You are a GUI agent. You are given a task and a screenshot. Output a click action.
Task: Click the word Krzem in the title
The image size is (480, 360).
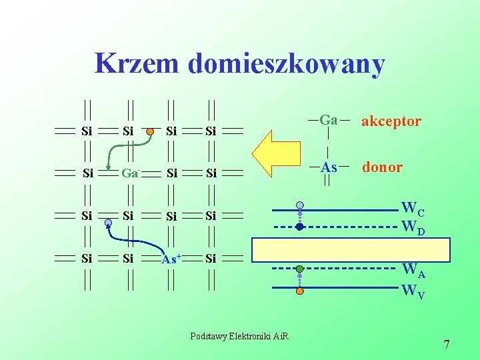(x=137, y=64)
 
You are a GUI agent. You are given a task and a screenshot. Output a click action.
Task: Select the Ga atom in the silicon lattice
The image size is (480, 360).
(x=129, y=173)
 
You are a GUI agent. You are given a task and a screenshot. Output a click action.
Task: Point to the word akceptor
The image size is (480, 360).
(x=391, y=121)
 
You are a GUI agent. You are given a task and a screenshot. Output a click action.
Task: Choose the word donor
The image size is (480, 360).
(x=382, y=167)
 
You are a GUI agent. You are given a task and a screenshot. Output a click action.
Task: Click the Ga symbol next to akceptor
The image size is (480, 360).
(x=329, y=121)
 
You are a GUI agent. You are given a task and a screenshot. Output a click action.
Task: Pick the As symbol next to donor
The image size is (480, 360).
(x=329, y=167)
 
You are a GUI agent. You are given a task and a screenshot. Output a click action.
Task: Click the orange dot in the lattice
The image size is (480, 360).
(x=151, y=131)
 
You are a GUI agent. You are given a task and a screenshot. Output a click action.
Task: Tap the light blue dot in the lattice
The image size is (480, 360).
(x=108, y=223)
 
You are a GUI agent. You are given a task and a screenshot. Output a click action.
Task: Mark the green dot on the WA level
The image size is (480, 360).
(x=300, y=269)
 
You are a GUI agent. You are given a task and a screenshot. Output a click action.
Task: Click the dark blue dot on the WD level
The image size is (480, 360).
(x=300, y=227)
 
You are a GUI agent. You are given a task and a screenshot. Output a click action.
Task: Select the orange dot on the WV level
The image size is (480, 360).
(x=300, y=291)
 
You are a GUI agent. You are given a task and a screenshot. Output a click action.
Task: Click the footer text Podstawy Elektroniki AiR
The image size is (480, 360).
(x=239, y=336)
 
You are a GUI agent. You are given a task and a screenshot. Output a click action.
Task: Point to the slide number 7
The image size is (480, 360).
(x=447, y=345)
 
